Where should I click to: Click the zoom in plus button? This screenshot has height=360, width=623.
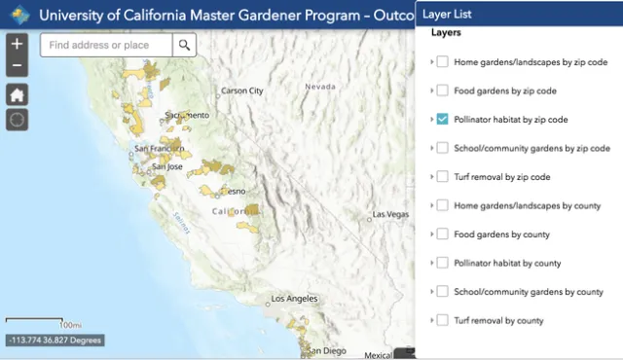(x=17, y=45)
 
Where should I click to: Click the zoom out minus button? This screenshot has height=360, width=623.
(x=17, y=66)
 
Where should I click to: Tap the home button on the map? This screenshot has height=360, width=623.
(x=17, y=94)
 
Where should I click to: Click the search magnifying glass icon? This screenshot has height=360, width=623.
(x=184, y=45)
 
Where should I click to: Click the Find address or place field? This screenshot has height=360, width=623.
(x=107, y=45)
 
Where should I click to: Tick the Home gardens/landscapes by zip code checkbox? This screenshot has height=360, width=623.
(x=442, y=62)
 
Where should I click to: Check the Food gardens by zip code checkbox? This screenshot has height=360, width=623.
(x=442, y=90)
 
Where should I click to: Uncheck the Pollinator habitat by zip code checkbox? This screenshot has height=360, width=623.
(x=442, y=120)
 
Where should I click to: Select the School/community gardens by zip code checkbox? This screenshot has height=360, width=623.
(x=442, y=148)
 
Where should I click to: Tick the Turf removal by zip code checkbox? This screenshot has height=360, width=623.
(x=442, y=177)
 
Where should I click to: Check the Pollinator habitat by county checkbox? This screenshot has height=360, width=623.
(x=442, y=263)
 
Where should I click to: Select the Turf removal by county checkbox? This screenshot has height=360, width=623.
(x=442, y=320)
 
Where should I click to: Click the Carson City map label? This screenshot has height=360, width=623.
(x=242, y=90)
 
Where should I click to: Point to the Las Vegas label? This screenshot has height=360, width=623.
(x=389, y=214)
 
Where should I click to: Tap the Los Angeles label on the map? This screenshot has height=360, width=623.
(x=294, y=298)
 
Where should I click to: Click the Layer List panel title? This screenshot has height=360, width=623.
(x=454, y=15)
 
